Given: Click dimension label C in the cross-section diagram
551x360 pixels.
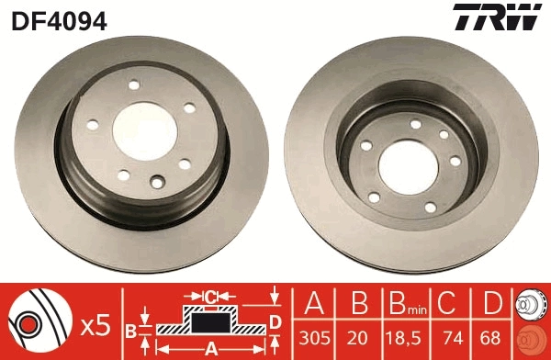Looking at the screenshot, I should coord(210,297).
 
